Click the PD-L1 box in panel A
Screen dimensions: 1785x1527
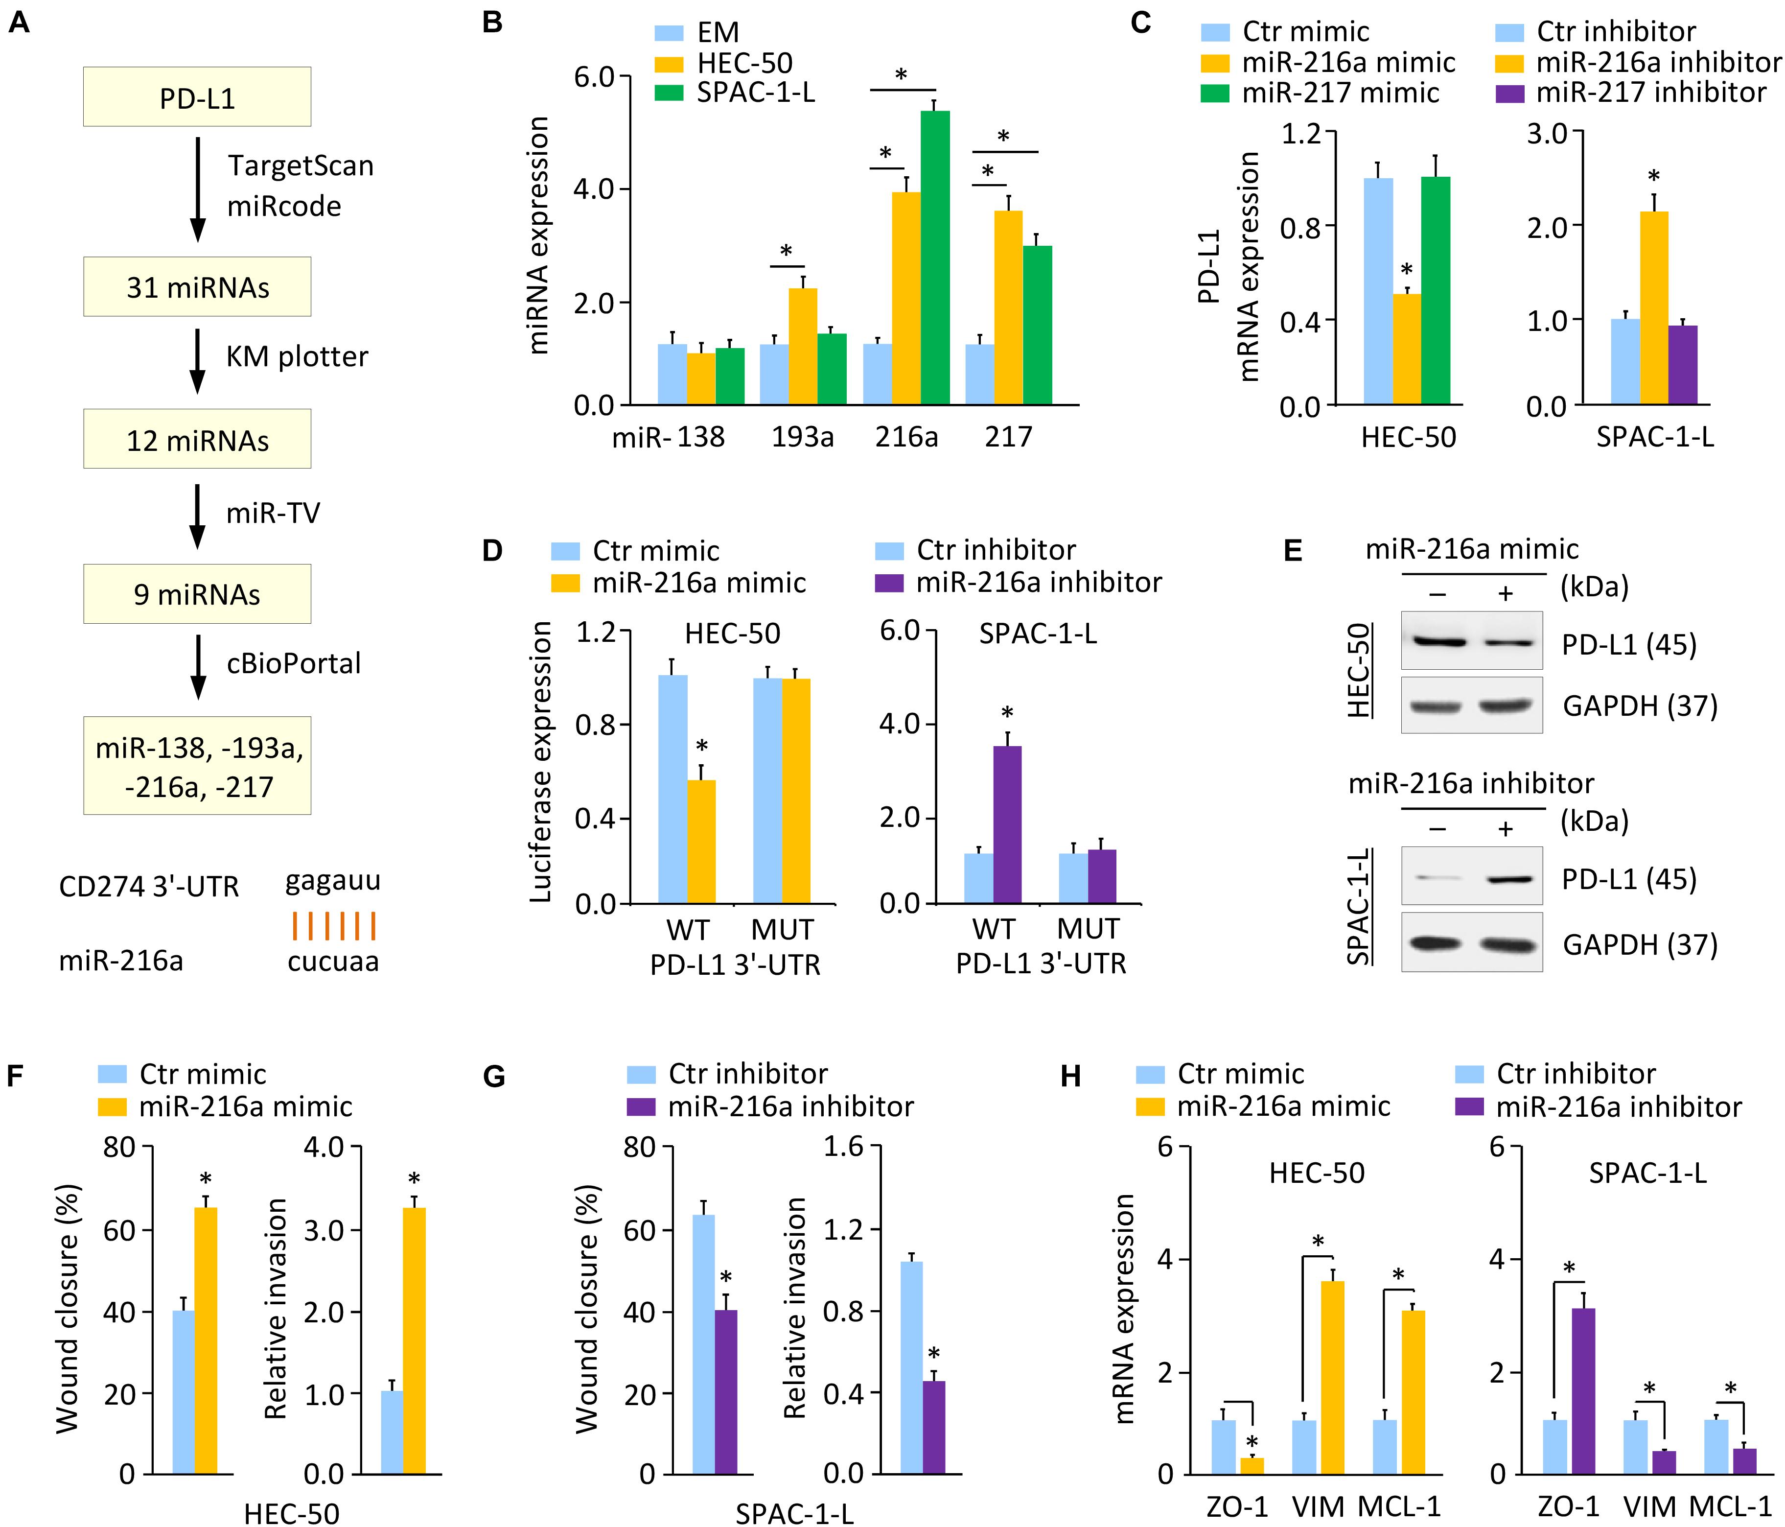point(197,96)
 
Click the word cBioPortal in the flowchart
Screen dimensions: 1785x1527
point(294,663)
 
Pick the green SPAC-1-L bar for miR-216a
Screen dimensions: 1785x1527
point(936,258)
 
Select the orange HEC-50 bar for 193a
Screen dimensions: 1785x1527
point(803,347)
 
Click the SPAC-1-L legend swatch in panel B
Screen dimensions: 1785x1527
point(670,92)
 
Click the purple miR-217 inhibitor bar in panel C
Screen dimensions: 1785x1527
point(1683,365)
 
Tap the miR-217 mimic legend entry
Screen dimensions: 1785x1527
point(1320,92)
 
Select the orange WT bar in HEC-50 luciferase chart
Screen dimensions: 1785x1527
point(701,842)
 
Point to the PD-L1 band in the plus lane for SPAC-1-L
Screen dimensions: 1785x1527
point(1506,879)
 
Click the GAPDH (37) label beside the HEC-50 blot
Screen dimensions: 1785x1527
point(1640,706)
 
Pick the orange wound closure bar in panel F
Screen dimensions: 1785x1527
point(206,1341)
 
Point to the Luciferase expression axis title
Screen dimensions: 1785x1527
point(540,763)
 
